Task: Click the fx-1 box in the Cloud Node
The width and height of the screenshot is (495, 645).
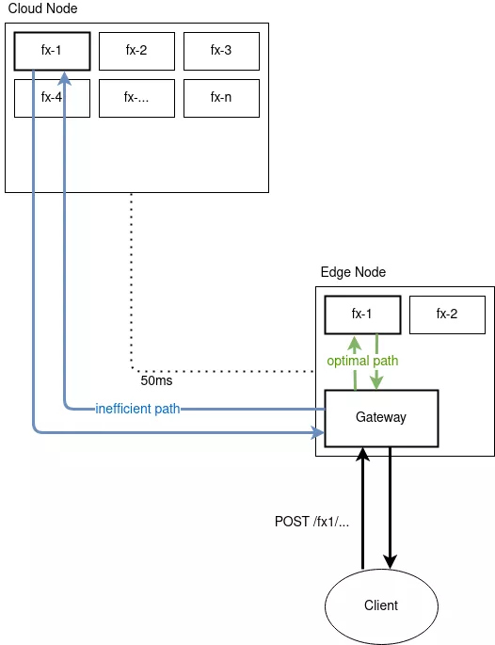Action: click(52, 51)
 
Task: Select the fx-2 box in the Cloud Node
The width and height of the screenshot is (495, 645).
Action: click(136, 51)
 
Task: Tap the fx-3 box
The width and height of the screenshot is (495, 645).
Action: click(221, 51)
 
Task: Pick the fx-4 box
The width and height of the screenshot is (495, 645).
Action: click(52, 98)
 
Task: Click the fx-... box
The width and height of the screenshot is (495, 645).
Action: click(136, 98)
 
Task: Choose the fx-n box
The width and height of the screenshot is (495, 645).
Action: click(221, 98)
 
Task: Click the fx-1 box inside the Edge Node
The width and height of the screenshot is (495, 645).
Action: click(362, 314)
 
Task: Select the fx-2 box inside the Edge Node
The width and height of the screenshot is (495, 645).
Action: click(447, 314)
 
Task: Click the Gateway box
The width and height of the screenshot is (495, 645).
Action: click(381, 417)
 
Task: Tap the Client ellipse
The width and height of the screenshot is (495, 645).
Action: click(381, 605)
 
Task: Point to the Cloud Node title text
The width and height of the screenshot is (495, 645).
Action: click(42, 8)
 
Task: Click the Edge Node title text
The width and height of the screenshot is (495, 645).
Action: click(353, 272)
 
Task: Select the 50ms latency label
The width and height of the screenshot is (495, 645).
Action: click(156, 381)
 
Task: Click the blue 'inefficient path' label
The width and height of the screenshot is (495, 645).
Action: click(137, 408)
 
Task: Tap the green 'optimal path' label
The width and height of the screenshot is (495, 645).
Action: click(362, 362)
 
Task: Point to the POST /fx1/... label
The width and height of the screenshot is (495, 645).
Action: click(311, 522)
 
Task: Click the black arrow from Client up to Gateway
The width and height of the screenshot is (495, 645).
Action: click(362, 508)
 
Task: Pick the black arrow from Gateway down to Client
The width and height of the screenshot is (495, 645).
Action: click(391, 508)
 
